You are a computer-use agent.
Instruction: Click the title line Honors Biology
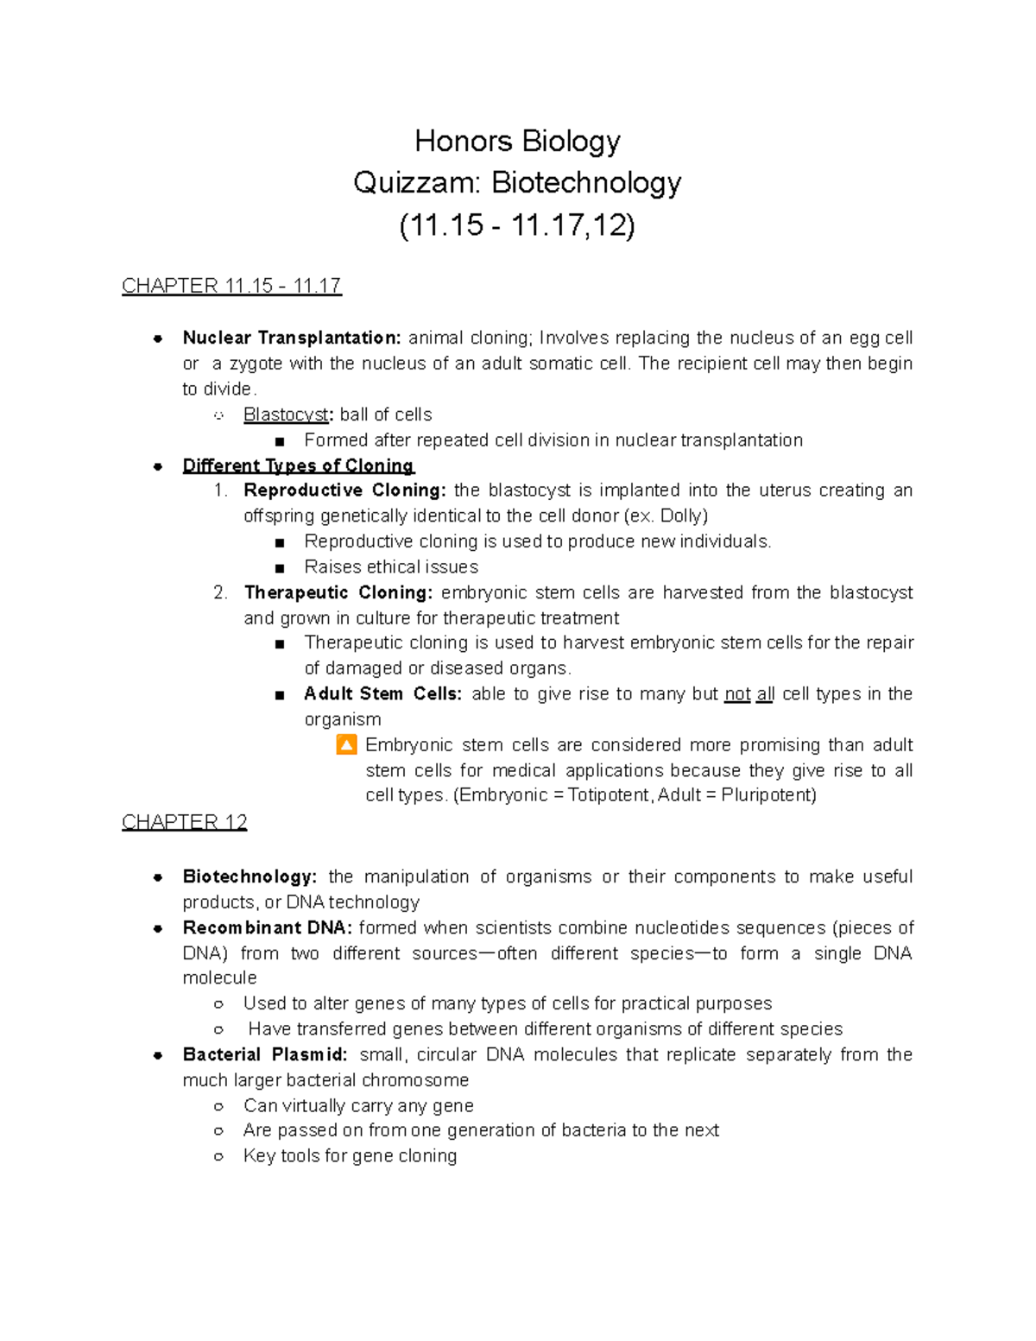point(517,141)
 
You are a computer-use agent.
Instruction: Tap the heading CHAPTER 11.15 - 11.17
point(231,286)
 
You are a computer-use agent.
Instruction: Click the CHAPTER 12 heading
point(185,822)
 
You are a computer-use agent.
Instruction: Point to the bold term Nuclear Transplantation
point(291,338)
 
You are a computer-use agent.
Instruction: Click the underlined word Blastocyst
point(285,414)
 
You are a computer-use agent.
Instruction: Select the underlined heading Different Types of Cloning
point(298,465)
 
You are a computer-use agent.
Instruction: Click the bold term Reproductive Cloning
point(344,490)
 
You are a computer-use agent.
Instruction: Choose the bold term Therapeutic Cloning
point(338,592)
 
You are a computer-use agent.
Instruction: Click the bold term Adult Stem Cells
point(382,694)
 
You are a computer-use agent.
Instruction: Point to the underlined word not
point(736,694)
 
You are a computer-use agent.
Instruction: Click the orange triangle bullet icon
point(346,744)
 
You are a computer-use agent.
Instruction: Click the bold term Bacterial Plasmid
point(264,1055)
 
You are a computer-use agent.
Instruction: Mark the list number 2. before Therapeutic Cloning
point(221,592)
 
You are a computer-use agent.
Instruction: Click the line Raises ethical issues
point(390,567)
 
